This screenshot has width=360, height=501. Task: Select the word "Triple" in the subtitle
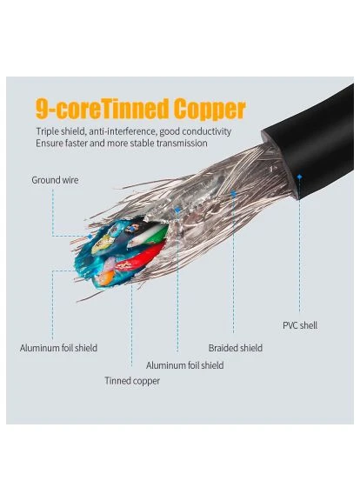(x=47, y=131)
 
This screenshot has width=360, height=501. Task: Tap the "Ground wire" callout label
(x=55, y=180)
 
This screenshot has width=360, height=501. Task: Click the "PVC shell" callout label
(x=300, y=325)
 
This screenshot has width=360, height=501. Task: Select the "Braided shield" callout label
(x=236, y=348)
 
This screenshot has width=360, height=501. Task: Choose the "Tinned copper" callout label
(x=132, y=381)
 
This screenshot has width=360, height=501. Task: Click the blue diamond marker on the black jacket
(x=299, y=177)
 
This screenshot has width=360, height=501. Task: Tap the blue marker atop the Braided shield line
(x=234, y=193)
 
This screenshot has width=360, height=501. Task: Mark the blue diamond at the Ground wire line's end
(x=90, y=237)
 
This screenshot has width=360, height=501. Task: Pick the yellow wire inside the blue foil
(x=102, y=244)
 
